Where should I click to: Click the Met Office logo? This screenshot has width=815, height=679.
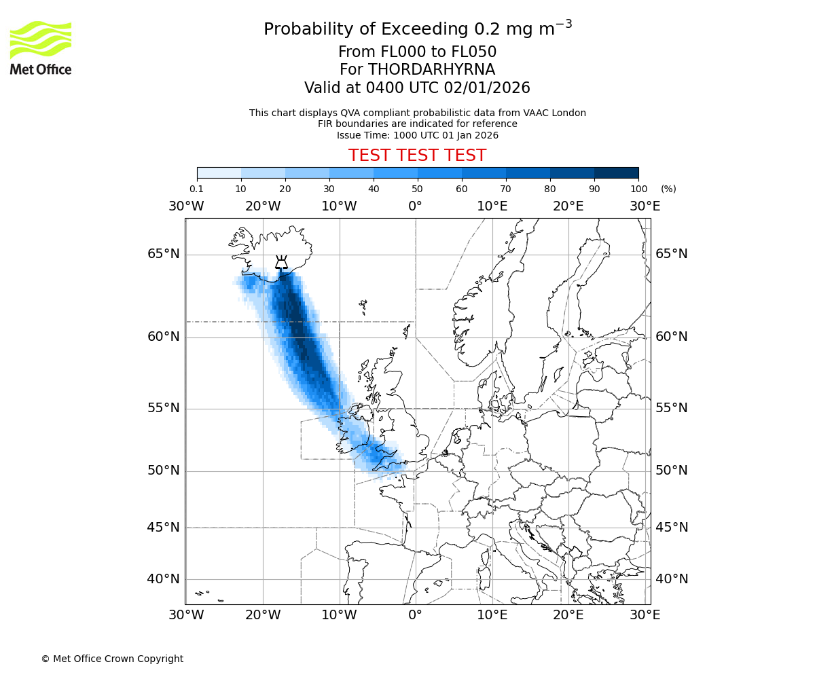point(41,48)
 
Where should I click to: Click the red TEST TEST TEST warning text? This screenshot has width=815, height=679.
point(417,155)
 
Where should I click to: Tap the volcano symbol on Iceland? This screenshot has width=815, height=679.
point(280,262)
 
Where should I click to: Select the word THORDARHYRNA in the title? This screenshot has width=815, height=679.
point(431,70)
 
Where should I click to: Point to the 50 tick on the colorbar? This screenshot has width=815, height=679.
point(418,189)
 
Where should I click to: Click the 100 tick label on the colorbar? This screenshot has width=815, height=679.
point(638,189)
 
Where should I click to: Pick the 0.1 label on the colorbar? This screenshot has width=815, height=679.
point(197,189)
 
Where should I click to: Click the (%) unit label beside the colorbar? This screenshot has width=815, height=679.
point(668,189)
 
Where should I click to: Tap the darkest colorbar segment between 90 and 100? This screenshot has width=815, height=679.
point(616,172)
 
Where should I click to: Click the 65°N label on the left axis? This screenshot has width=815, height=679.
point(164,254)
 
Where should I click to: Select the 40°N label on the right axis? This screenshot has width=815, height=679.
point(672,579)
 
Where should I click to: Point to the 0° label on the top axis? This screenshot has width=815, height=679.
point(415,206)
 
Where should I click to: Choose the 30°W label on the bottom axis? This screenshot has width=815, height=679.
point(186,615)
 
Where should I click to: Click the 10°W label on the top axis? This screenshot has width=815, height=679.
point(339,206)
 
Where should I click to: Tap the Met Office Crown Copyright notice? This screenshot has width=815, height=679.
point(112,659)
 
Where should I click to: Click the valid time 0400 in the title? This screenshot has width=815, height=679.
point(384,88)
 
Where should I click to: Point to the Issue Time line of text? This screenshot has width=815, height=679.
point(417,135)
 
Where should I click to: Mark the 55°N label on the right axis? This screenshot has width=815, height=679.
point(672,408)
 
